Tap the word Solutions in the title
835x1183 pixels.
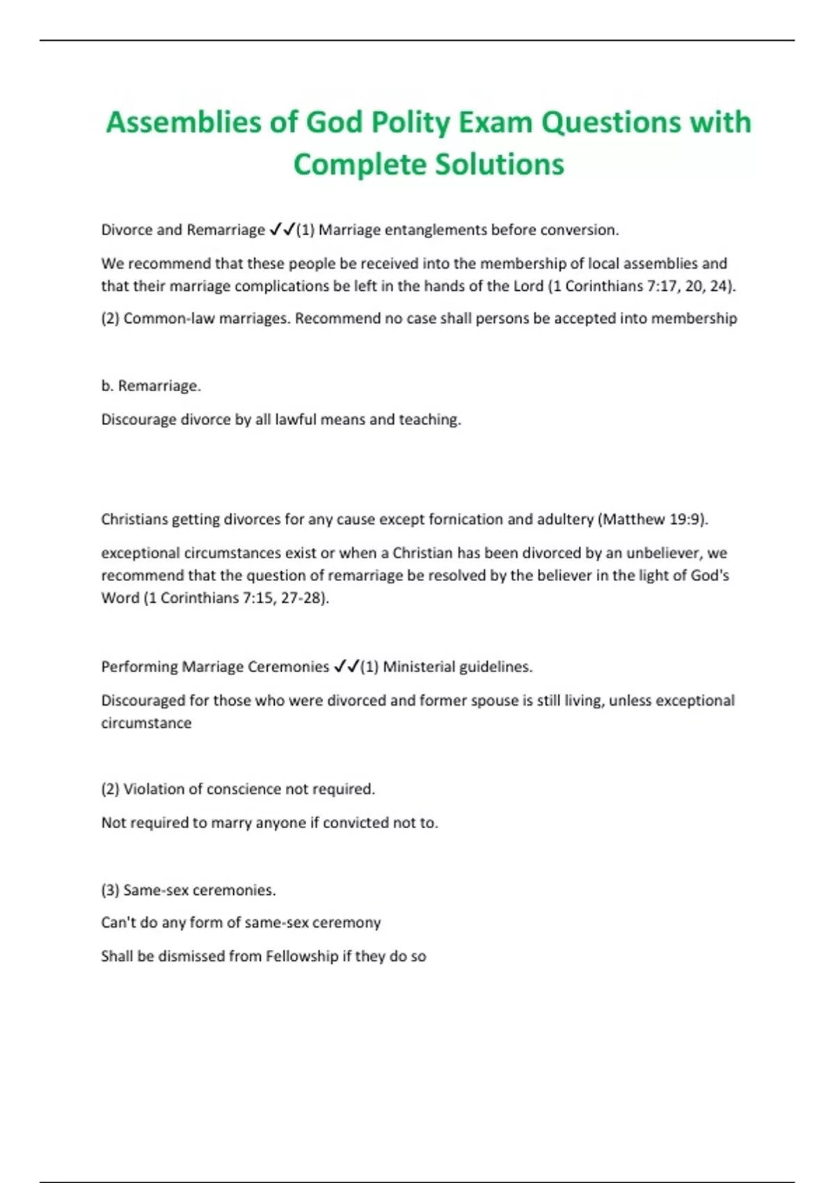(500, 165)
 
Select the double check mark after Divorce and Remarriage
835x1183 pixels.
(282, 230)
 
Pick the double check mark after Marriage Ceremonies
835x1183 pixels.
(346, 667)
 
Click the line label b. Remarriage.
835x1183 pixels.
(151, 386)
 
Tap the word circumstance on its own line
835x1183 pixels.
(146, 723)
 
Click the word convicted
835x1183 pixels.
(355, 823)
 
